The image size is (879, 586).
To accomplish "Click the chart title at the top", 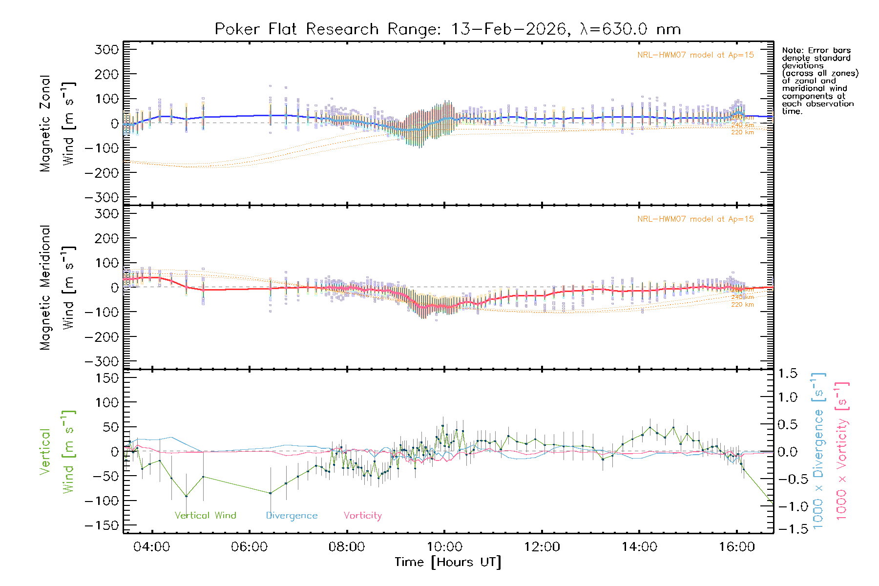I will point(448,29).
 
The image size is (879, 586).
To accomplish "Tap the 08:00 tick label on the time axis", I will point(347,547).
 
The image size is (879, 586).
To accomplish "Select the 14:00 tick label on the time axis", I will point(639,547).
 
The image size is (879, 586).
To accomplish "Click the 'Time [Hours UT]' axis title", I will point(448,563).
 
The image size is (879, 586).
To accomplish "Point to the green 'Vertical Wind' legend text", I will point(205,516).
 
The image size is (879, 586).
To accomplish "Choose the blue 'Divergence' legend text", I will point(292,516).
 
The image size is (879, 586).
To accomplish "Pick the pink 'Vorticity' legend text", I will point(362,516).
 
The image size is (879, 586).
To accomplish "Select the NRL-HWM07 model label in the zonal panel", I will point(695,55).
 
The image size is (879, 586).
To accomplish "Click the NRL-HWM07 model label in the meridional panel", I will point(695,219).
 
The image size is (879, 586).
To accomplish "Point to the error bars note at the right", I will point(819,81).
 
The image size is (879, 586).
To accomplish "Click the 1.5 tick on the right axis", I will point(787,374).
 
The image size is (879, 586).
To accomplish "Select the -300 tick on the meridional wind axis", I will point(102,361).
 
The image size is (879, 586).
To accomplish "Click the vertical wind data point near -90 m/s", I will point(186,496).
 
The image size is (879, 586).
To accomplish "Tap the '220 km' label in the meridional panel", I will point(742,305).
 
